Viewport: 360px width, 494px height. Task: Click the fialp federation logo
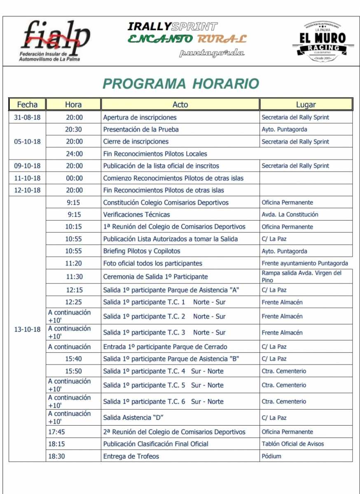[55, 41]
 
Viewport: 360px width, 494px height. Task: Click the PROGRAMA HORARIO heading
[181, 84]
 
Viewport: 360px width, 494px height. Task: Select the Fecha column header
[27, 105]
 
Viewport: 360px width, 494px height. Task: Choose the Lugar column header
[306, 105]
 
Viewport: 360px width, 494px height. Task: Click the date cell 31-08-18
[27, 117]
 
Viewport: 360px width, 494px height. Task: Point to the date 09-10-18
[27, 166]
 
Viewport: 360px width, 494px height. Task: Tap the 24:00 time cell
[74, 154]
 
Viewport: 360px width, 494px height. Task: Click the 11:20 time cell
[73, 263]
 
